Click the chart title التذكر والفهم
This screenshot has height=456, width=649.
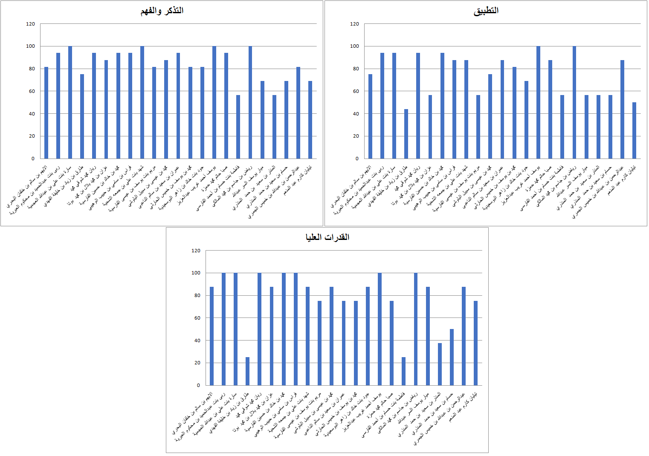[162, 11]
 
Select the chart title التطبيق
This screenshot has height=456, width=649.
[486, 11]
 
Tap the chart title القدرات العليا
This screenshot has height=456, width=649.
[327, 237]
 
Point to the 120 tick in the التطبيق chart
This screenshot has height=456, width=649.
[354, 24]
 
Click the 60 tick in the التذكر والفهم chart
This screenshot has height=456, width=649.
[32, 91]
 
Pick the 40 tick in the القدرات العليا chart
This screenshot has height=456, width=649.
[197, 341]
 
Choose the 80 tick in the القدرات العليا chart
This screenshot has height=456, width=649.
[197, 295]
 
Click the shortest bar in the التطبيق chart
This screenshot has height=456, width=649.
[406, 134]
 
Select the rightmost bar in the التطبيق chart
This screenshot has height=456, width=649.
[634, 130]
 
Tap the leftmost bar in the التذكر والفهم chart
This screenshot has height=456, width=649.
[46, 113]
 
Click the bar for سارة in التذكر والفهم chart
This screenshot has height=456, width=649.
[70, 102]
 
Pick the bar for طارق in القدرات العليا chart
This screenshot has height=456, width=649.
[247, 371]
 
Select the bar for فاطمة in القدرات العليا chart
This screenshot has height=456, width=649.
[403, 371]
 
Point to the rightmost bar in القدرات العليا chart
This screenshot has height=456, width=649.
[475, 343]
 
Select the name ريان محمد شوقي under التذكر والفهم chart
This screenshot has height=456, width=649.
[85, 179]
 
